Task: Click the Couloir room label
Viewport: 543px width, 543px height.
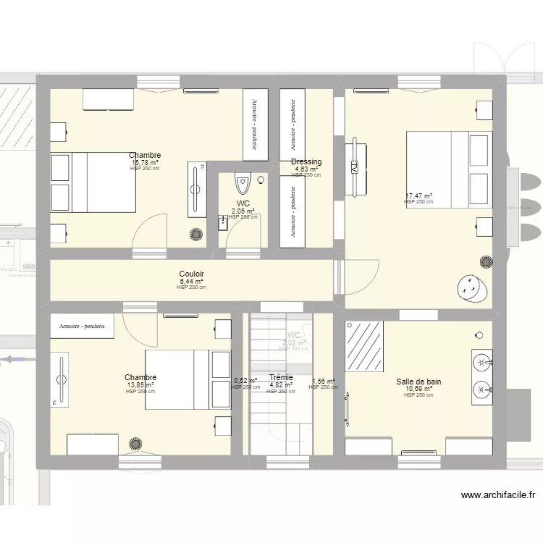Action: click(x=191, y=274)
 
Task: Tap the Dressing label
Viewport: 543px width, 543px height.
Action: click(x=306, y=162)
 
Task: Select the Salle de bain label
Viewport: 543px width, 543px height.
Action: click(x=418, y=382)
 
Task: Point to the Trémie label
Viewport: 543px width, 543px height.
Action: click(x=281, y=377)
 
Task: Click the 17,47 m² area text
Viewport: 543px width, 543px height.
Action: click(x=418, y=195)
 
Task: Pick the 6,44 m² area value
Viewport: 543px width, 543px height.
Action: click(x=191, y=282)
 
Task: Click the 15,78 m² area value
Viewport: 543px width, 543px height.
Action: click(x=145, y=162)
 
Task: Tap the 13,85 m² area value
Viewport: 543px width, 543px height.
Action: click(x=140, y=385)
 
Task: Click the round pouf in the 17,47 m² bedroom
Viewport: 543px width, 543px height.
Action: click(x=471, y=287)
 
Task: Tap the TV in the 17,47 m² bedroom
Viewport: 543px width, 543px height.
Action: click(x=354, y=167)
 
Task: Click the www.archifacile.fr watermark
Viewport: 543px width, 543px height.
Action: click(x=498, y=495)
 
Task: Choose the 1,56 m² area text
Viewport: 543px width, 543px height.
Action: click(x=324, y=381)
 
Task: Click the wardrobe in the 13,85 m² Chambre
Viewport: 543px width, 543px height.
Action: click(x=83, y=327)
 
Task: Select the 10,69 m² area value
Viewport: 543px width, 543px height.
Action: click(x=418, y=389)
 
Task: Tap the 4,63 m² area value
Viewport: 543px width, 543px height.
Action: click(x=306, y=169)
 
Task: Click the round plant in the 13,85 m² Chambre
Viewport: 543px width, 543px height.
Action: click(x=135, y=443)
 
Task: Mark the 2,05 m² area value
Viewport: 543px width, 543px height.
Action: click(x=243, y=211)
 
